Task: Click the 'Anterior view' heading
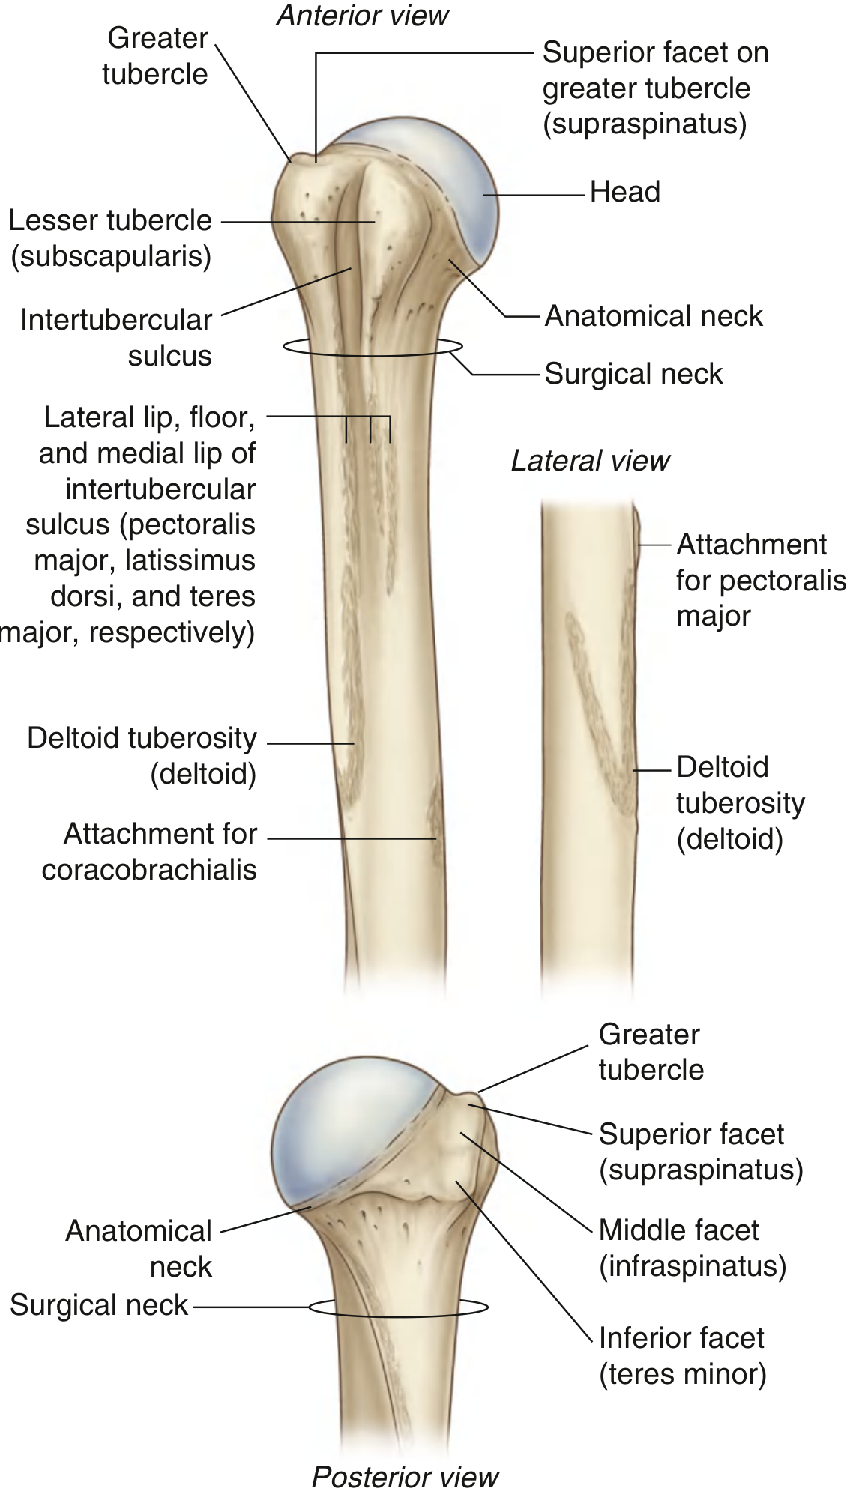click(x=363, y=16)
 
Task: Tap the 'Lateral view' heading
click(x=590, y=461)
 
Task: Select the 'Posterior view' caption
click(x=405, y=1477)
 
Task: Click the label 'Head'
click(x=624, y=192)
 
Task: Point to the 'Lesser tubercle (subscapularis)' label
click(x=111, y=238)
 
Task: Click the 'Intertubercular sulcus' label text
click(x=117, y=337)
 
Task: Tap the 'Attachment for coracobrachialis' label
click(x=150, y=851)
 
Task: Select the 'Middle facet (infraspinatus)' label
click(x=692, y=1248)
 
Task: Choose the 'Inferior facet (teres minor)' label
click(x=682, y=1355)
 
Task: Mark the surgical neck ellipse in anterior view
click(x=373, y=347)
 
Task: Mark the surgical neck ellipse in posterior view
click(x=398, y=1307)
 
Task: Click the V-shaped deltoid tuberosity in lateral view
click(x=600, y=712)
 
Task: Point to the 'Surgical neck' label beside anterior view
click(x=633, y=374)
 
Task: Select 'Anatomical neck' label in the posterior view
click(x=139, y=1248)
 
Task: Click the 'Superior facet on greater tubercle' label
click(x=654, y=88)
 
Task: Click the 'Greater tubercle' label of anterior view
click(x=156, y=56)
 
